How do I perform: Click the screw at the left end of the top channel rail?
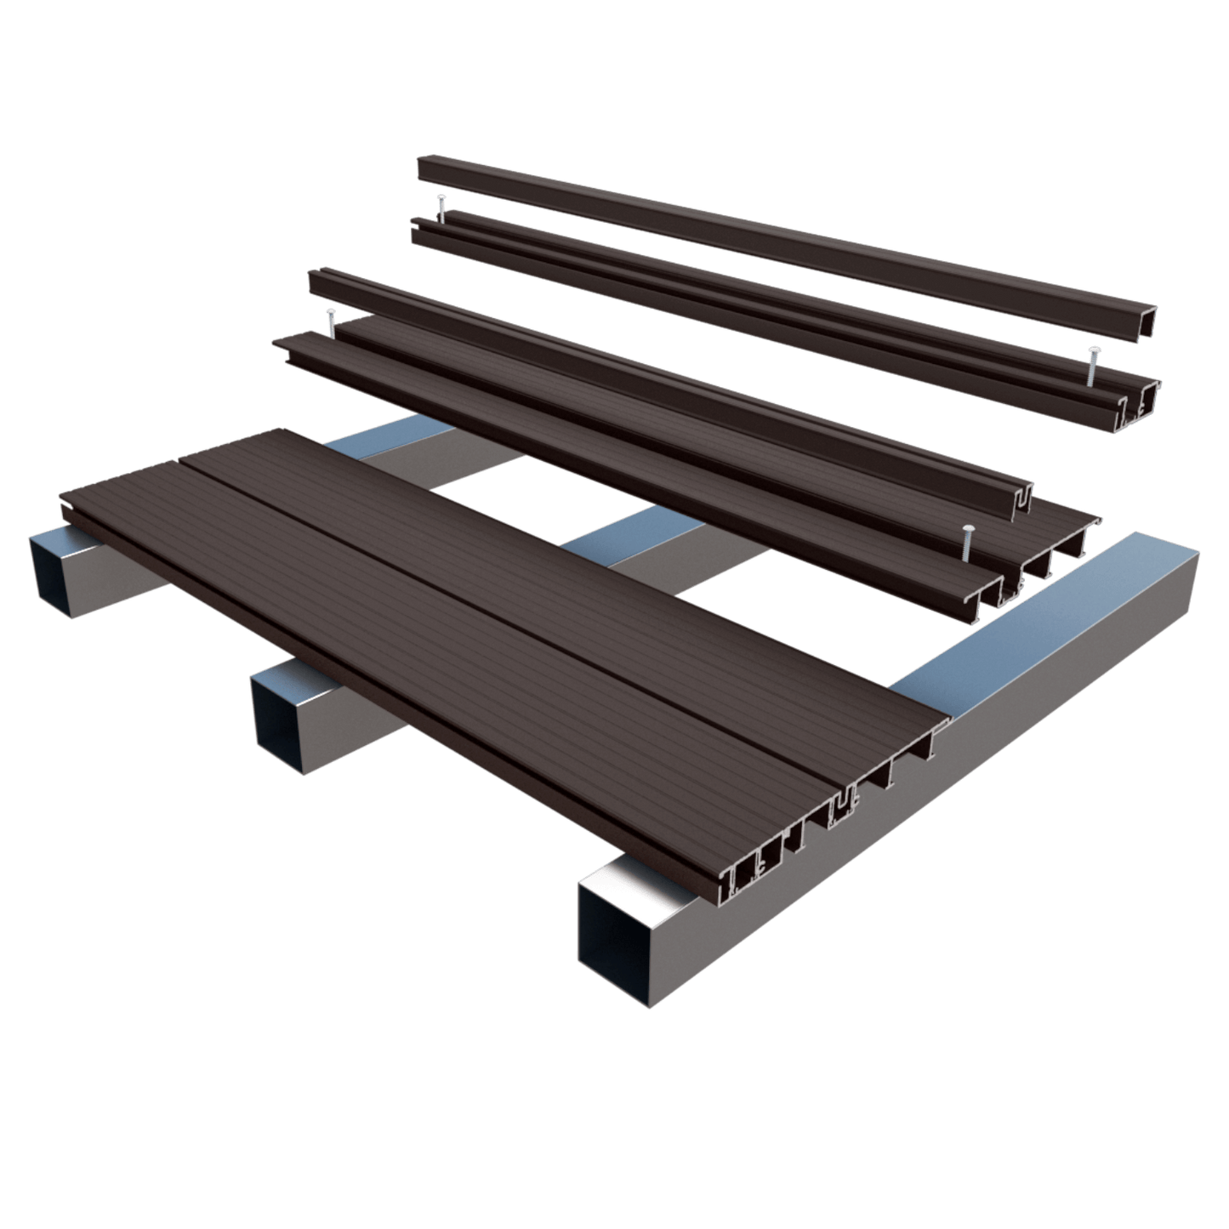(x=441, y=207)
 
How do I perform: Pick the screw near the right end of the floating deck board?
(x=967, y=542)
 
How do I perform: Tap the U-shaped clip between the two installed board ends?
(x=845, y=805)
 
